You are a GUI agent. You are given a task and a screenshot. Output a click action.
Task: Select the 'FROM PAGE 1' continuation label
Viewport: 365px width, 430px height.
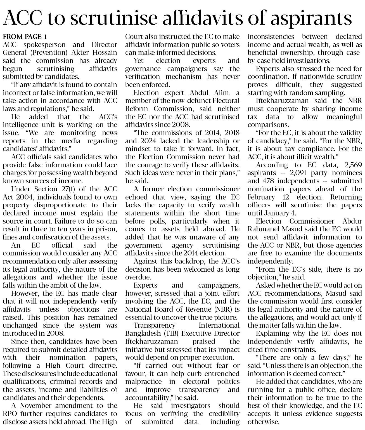point(25,36)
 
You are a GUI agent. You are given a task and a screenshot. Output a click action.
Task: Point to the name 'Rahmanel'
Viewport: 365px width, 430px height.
point(262,229)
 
